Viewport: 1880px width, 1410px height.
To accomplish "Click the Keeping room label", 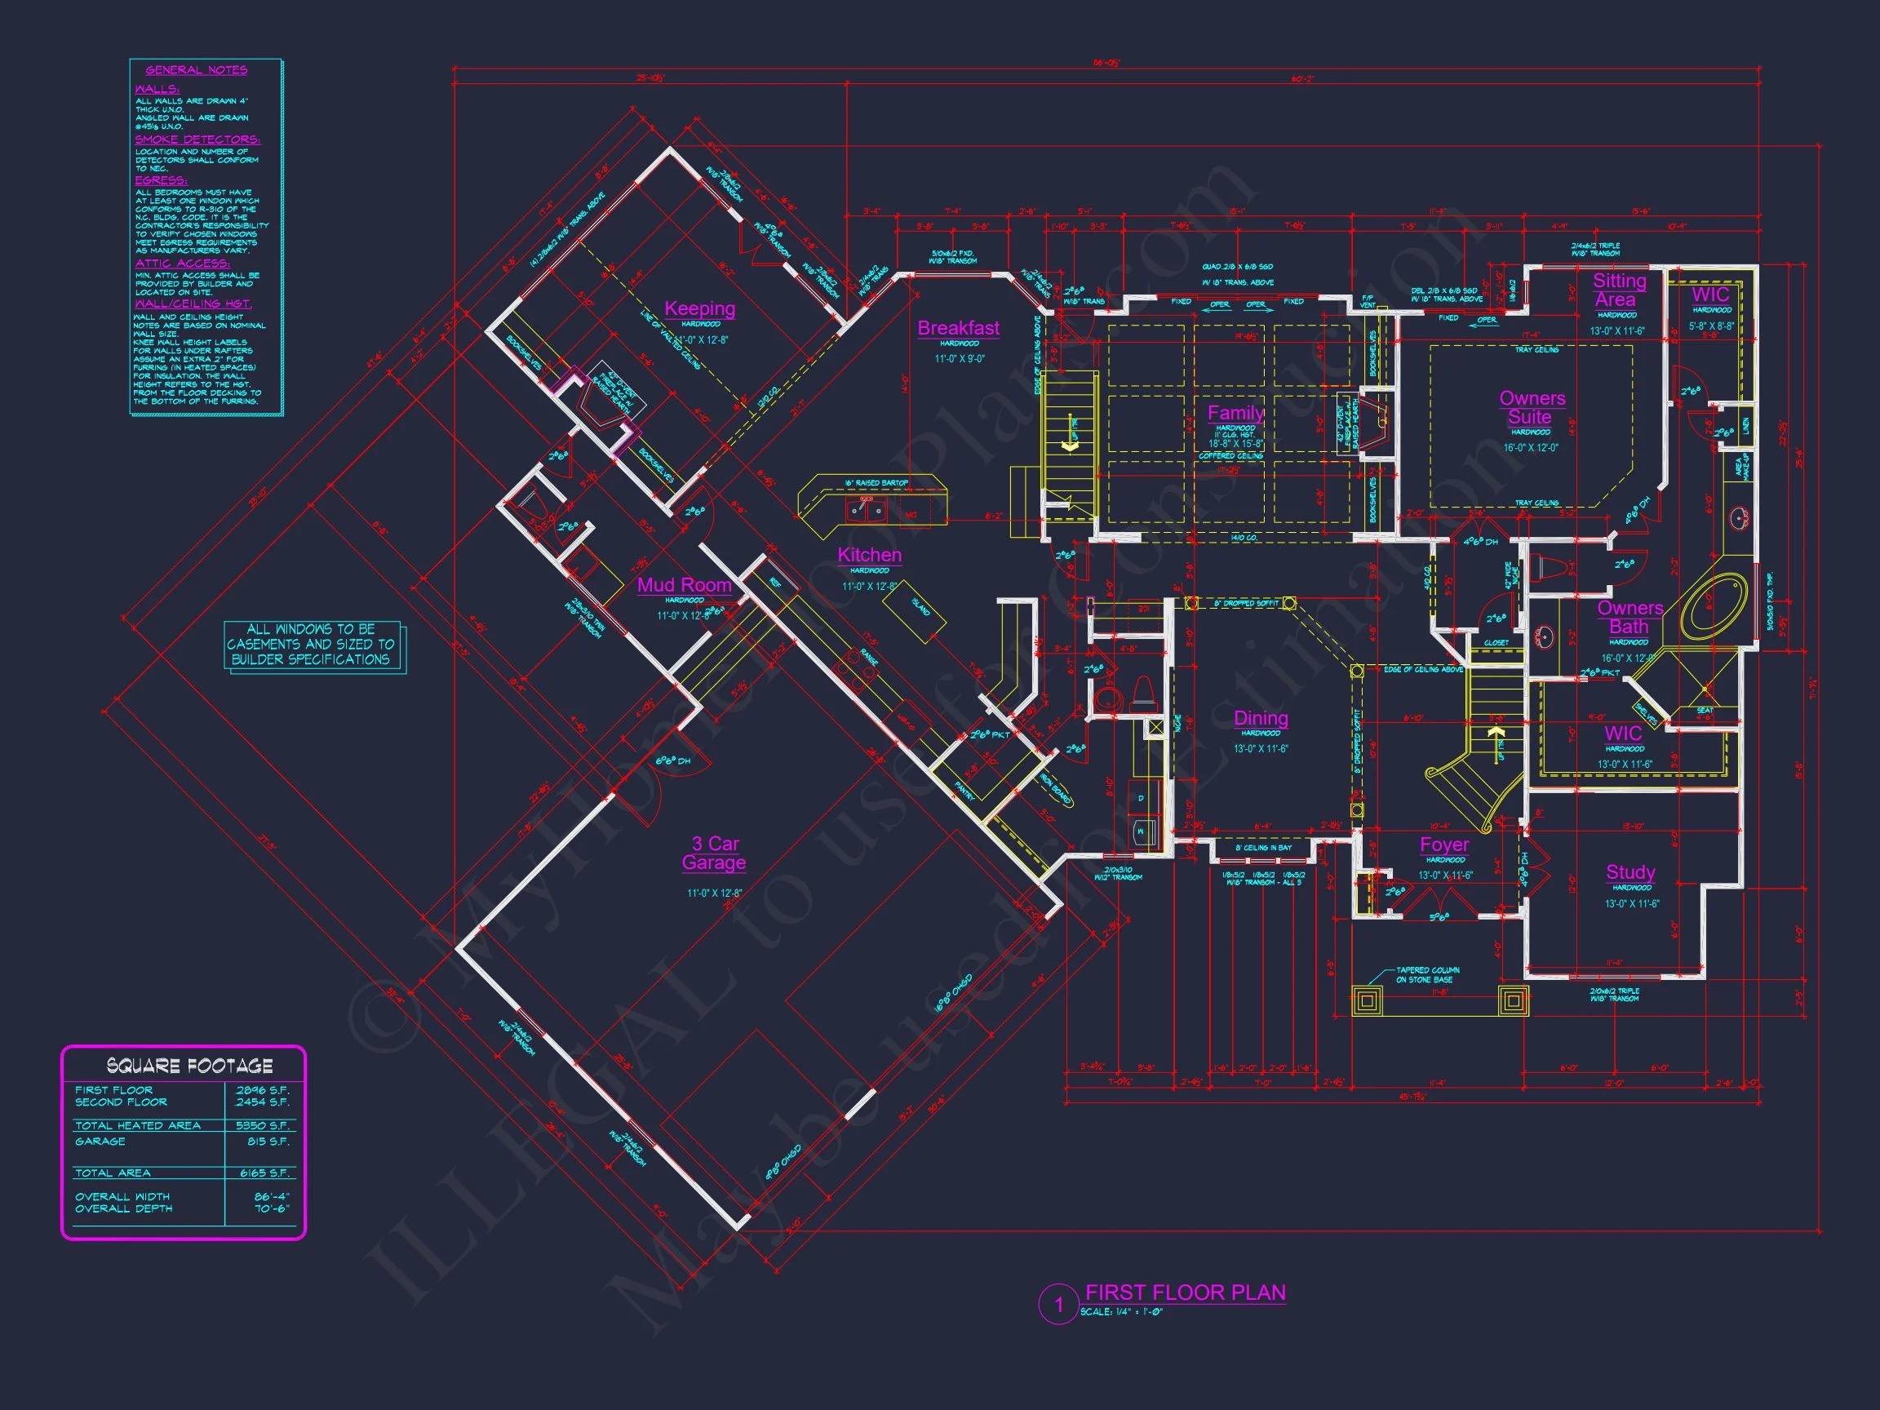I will (x=699, y=308).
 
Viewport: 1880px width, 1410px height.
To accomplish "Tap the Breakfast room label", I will (x=958, y=328).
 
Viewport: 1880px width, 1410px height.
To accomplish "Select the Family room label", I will (x=1235, y=413).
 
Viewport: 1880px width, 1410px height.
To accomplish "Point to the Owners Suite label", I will (x=1532, y=408).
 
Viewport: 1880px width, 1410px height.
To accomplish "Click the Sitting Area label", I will (x=1618, y=290).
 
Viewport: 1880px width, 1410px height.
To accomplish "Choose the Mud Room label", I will (x=684, y=585).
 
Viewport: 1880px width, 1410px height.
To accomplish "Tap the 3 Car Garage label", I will (x=714, y=854).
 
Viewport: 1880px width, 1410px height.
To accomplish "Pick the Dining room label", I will (x=1261, y=718).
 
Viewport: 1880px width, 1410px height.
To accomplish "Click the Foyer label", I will (x=1444, y=845).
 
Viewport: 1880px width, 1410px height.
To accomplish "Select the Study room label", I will (x=1630, y=872).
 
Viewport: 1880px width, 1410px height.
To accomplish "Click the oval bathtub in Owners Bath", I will (x=1715, y=605).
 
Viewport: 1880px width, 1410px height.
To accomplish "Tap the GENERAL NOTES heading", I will (x=197, y=69).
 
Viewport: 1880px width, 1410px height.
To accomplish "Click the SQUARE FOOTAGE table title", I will (x=189, y=1066).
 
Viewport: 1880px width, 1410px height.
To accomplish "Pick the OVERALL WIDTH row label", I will (x=122, y=1197).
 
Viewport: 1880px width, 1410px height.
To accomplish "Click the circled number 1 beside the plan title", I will (x=1059, y=1305).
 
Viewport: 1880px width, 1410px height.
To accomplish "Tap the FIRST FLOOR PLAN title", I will (x=1185, y=1292).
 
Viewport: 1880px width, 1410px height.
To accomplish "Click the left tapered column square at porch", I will (x=1367, y=1001).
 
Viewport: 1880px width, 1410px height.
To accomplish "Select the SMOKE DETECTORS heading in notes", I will (x=197, y=140).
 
